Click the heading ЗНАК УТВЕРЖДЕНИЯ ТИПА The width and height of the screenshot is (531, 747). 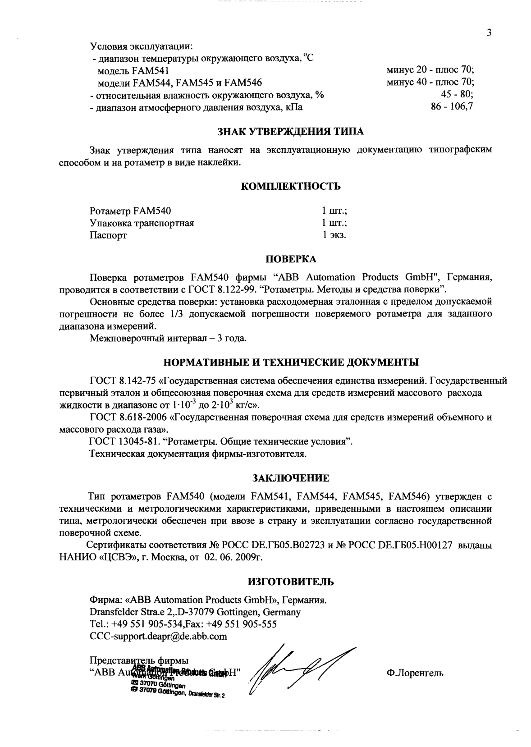pyautogui.click(x=290, y=132)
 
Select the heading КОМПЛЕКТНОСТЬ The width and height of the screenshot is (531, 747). pyautogui.click(x=291, y=186)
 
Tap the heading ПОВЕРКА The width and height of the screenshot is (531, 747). pyautogui.click(x=290, y=259)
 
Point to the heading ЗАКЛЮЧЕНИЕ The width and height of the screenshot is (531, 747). pyautogui.click(x=291, y=477)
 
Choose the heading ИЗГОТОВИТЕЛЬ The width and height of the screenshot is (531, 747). pyautogui.click(x=291, y=581)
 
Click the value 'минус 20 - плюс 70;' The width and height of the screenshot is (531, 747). pyautogui.click(x=430, y=70)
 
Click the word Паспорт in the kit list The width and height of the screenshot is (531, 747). pyautogui.click(x=108, y=235)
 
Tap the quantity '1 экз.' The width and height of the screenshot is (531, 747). pyautogui.click(x=334, y=235)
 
